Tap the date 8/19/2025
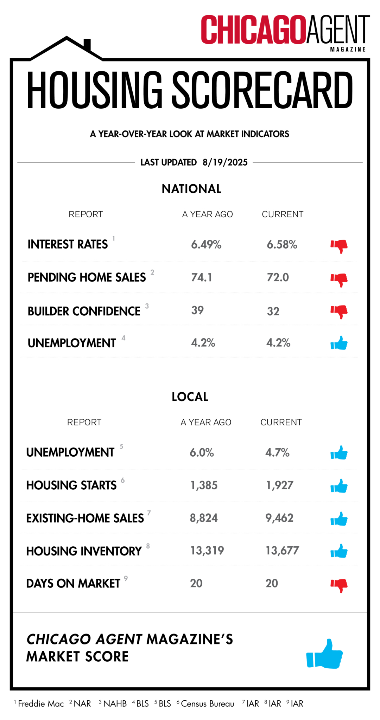[x=225, y=162]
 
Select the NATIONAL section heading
[x=191, y=189]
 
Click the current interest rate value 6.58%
[x=282, y=245]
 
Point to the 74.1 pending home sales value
[x=202, y=277]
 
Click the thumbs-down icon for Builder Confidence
[x=339, y=311]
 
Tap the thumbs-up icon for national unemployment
[x=339, y=343]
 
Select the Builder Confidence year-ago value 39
[x=197, y=310]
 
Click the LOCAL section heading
[x=190, y=397]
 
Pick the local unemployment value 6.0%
[x=202, y=452]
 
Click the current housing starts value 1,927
[x=280, y=486]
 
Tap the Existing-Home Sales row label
[x=85, y=518]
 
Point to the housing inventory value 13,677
[x=282, y=551]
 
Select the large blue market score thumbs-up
[x=324, y=654]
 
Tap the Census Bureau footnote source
[x=207, y=703]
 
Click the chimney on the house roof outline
[x=87, y=44]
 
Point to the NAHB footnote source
[x=115, y=703]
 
